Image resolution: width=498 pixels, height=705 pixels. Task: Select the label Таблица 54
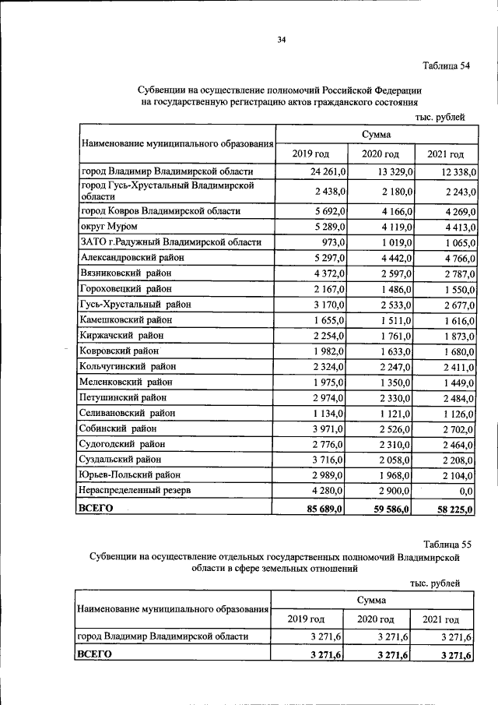(x=447, y=65)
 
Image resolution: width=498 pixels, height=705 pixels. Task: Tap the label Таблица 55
(x=447, y=543)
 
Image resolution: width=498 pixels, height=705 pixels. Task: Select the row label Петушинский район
(x=124, y=397)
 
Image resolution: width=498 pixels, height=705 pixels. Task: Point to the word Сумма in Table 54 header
(x=376, y=136)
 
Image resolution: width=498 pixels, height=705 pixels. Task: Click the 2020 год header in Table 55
(x=376, y=619)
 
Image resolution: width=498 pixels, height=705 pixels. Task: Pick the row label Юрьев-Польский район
(x=129, y=475)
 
